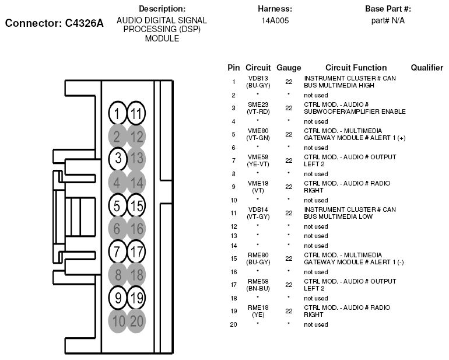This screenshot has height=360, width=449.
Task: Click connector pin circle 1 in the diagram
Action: coord(117,113)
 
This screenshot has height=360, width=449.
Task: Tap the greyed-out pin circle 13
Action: coord(136,159)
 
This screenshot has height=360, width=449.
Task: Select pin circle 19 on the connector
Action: coord(136,298)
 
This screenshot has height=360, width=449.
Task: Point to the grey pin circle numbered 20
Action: coord(136,321)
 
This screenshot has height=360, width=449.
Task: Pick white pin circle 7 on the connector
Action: coord(117,251)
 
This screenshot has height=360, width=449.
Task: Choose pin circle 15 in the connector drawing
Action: coord(136,205)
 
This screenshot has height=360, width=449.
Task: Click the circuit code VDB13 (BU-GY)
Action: coord(258,82)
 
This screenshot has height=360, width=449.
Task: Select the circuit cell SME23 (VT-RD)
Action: coord(258,108)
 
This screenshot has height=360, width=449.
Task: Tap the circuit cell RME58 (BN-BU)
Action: coord(258,285)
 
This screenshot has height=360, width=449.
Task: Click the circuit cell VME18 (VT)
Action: coord(258,187)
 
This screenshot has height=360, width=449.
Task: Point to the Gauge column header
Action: coord(289,68)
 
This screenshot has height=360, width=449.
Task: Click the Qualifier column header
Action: coord(427,68)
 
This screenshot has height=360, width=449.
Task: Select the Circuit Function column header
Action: coord(356,68)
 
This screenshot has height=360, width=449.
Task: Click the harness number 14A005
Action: coord(275,20)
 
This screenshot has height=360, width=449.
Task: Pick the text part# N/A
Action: coord(388,20)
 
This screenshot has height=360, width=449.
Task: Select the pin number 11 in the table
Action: coord(234,213)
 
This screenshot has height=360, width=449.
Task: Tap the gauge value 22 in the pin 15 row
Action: coord(289,258)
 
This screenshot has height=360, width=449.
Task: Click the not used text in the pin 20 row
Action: coord(316,324)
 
